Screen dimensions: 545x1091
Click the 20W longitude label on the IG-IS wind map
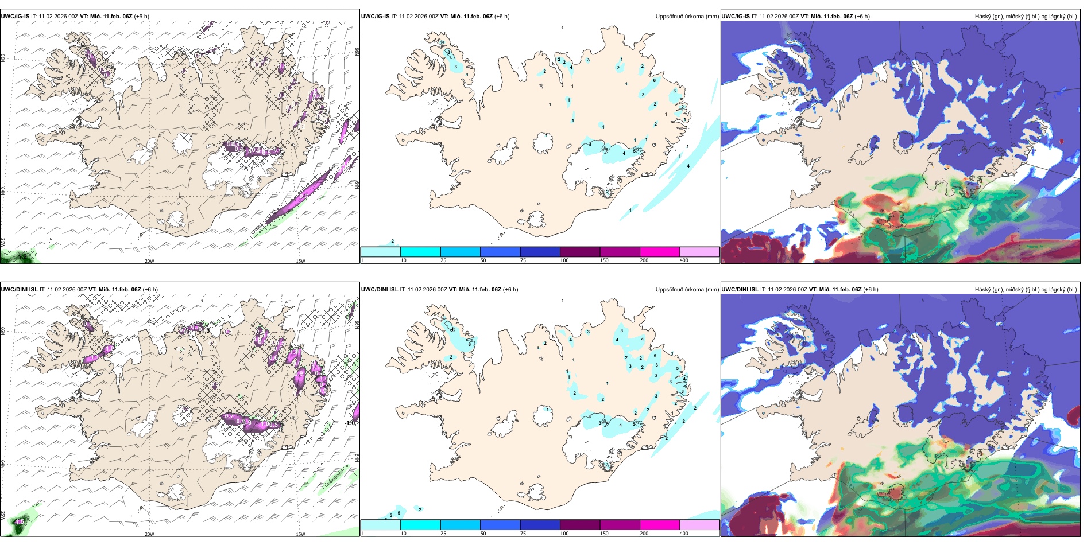pos(149,261)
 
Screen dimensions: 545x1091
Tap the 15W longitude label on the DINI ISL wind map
pos(300,534)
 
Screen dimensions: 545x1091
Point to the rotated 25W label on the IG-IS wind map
pos(3,242)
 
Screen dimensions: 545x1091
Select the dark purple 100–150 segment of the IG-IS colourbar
pos(579,252)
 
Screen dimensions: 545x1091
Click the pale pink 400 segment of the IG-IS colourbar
pos(699,252)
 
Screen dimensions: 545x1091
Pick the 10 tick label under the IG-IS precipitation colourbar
pos(403,260)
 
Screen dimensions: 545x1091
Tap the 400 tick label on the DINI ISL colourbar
pos(684,534)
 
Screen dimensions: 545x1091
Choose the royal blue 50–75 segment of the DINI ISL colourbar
pos(500,525)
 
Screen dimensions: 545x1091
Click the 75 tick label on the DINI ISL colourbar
pos(523,534)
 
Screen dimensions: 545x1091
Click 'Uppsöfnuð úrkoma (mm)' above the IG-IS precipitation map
pos(687,17)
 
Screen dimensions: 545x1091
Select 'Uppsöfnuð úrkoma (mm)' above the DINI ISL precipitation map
pos(687,290)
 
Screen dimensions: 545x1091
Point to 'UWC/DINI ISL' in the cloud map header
pos(740,290)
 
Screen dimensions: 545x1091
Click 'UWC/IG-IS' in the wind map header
pos(16,17)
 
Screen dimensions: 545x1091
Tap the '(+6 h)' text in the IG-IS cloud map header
pos(862,17)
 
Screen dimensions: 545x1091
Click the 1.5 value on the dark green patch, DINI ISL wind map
pos(20,521)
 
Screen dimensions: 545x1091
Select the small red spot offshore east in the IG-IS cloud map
pos(1062,141)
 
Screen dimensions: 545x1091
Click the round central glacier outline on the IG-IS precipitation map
pos(543,142)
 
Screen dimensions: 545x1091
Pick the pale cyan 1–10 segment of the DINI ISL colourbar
pos(380,525)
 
